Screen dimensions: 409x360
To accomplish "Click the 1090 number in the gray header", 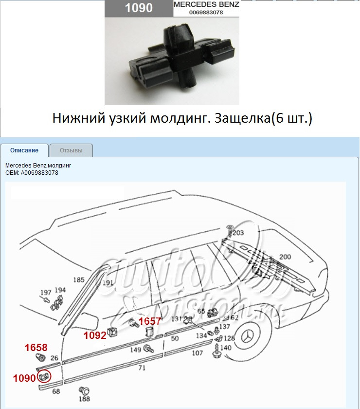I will click(139, 8).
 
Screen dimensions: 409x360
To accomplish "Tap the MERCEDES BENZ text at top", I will click(206, 4).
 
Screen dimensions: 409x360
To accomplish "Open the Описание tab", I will click(24, 150).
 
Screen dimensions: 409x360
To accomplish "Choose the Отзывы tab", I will click(71, 150).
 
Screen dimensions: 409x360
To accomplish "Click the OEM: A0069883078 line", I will click(32, 172).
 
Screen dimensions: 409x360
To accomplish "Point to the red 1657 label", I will click(150, 321).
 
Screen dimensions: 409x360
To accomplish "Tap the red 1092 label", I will click(94, 335).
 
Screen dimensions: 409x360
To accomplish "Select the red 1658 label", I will click(36, 348).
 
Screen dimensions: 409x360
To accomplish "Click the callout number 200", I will click(285, 257).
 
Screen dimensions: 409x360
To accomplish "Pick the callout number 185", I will click(79, 280).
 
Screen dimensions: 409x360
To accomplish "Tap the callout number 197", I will click(45, 293).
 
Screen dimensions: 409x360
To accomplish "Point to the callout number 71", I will click(142, 368).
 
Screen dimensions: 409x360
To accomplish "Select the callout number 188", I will click(85, 399).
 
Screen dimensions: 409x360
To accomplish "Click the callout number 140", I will click(226, 348).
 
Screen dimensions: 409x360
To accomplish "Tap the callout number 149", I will click(136, 349).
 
